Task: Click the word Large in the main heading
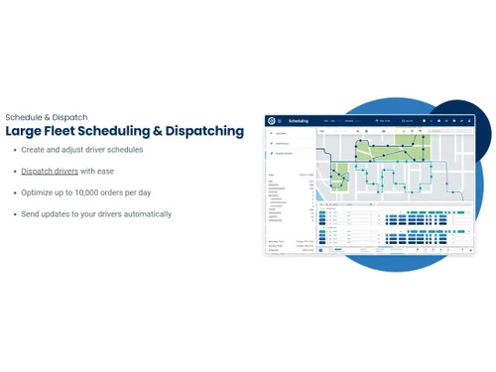[24, 131]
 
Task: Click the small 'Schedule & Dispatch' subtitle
[46, 116]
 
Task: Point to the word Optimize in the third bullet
[39, 192]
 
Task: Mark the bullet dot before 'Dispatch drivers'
[12, 172]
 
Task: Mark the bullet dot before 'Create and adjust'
[12, 150]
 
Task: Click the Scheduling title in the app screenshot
[300, 121]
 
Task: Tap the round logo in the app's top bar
[270, 121]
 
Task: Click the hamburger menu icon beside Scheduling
[280, 121]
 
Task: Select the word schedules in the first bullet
[125, 150]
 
